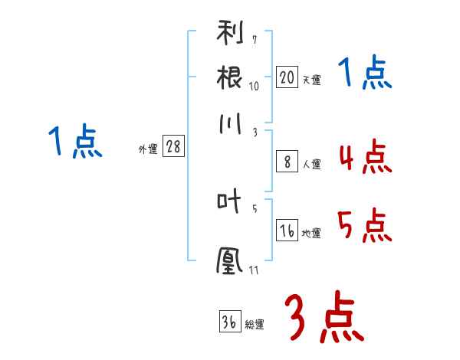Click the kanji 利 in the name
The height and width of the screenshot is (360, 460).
(x=230, y=32)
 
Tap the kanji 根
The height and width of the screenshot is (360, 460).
(x=229, y=77)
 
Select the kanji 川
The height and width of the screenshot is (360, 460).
(x=230, y=123)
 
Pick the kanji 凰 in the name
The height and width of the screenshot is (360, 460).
(x=229, y=260)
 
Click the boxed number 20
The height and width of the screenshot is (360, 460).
(x=287, y=77)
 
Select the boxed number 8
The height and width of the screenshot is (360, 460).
(x=287, y=162)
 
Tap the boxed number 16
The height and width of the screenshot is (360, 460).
(x=287, y=230)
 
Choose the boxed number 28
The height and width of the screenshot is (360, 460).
(x=173, y=146)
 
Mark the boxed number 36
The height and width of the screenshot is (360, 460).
(x=230, y=321)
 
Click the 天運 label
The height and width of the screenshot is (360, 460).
(x=312, y=80)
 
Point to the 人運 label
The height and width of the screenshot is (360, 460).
(x=312, y=164)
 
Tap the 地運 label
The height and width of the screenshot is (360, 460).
(x=311, y=234)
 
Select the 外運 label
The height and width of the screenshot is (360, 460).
(x=148, y=149)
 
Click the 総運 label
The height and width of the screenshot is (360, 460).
(x=255, y=325)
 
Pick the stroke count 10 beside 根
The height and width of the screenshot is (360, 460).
(x=254, y=87)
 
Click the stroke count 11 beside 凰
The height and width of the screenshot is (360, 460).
(x=254, y=270)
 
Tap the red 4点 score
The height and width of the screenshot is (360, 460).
(x=365, y=156)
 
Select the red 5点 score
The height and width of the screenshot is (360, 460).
(x=365, y=225)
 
